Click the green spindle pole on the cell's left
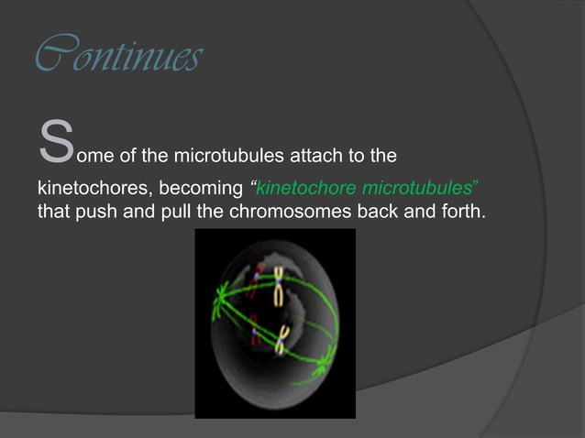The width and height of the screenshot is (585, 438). click(220, 296)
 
